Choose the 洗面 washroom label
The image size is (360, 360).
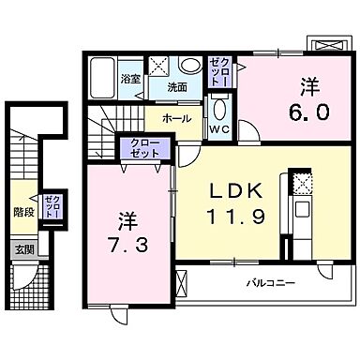[x=176, y=87]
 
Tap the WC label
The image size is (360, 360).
[x=222, y=127]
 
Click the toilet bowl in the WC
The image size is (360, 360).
[x=220, y=106]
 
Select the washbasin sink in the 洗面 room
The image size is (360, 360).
[x=190, y=67]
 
